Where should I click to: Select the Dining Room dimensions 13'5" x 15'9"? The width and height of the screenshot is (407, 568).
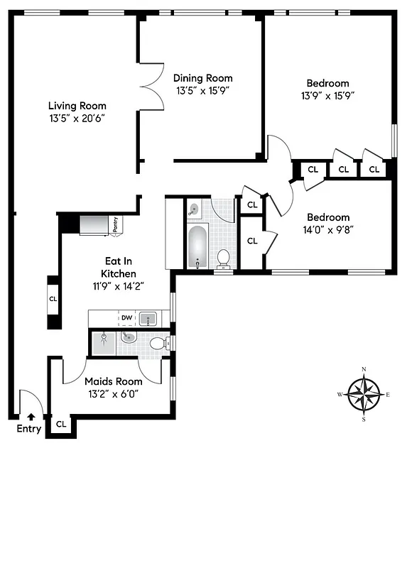click(204, 91)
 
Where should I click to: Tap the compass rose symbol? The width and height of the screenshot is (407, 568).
click(364, 394)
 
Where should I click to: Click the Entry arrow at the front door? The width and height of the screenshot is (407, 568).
click(31, 417)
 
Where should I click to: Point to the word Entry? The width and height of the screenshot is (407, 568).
click(29, 429)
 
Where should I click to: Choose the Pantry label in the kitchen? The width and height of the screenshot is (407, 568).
click(115, 224)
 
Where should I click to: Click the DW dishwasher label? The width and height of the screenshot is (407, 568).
click(126, 317)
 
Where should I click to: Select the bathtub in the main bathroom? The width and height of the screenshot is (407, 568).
click(197, 246)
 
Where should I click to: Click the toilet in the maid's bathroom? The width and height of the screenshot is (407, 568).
click(158, 343)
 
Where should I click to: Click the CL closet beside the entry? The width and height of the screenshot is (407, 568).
click(61, 424)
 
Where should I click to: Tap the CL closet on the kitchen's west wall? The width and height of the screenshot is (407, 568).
click(53, 299)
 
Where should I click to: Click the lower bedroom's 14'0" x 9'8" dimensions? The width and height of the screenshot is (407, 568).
click(328, 229)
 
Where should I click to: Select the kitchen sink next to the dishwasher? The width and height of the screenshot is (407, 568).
click(148, 318)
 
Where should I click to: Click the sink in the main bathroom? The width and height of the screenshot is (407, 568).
click(194, 209)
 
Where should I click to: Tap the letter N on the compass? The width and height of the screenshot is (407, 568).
click(364, 369)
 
